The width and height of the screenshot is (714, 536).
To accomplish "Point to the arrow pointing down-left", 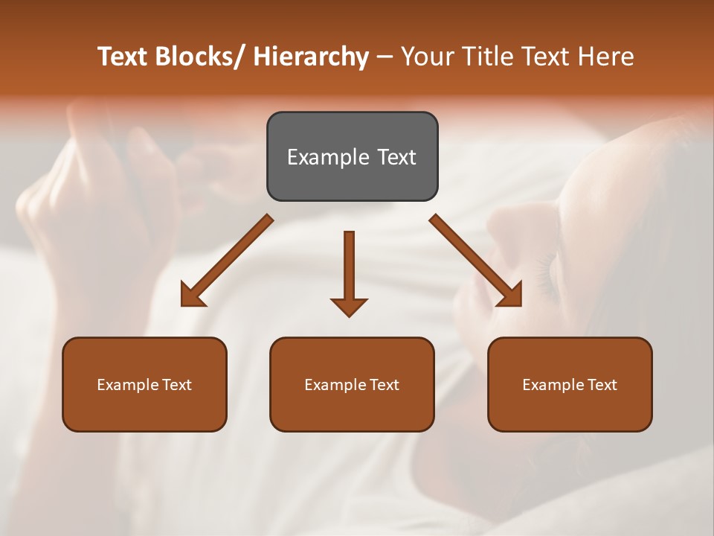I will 227,261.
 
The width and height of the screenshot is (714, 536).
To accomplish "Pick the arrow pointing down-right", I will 476,261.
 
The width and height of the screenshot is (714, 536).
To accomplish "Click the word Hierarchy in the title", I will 311,57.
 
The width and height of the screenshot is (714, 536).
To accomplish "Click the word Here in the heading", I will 606,57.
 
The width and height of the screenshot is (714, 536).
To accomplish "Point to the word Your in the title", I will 426,57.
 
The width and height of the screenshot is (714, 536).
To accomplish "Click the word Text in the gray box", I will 396,157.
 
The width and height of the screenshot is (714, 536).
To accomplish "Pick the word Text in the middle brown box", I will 384,385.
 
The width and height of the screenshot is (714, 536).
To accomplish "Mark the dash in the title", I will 385,57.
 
